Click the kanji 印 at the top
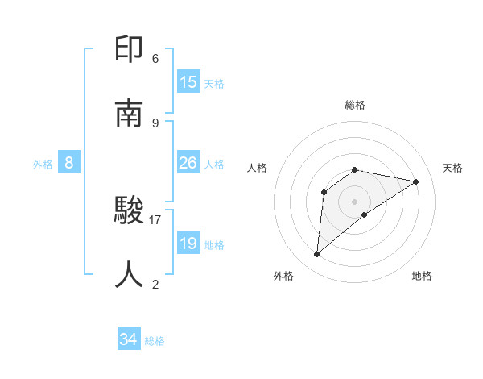(130, 50)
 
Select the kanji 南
(130, 114)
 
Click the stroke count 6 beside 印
(155, 59)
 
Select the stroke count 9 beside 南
(155, 123)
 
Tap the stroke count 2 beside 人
(155, 284)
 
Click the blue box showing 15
(188, 82)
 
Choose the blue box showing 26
(188, 163)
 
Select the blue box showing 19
(188, 244)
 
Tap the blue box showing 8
(69, 163)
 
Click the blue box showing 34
(129, 339)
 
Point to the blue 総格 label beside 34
(155, 341)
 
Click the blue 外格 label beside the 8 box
(43, 165)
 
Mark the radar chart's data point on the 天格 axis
(416, 181)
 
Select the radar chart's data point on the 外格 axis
(317, 255)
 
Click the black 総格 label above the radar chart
(355, 105)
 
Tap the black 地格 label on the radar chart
(422, 276)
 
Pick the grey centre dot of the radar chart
(355, 202)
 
